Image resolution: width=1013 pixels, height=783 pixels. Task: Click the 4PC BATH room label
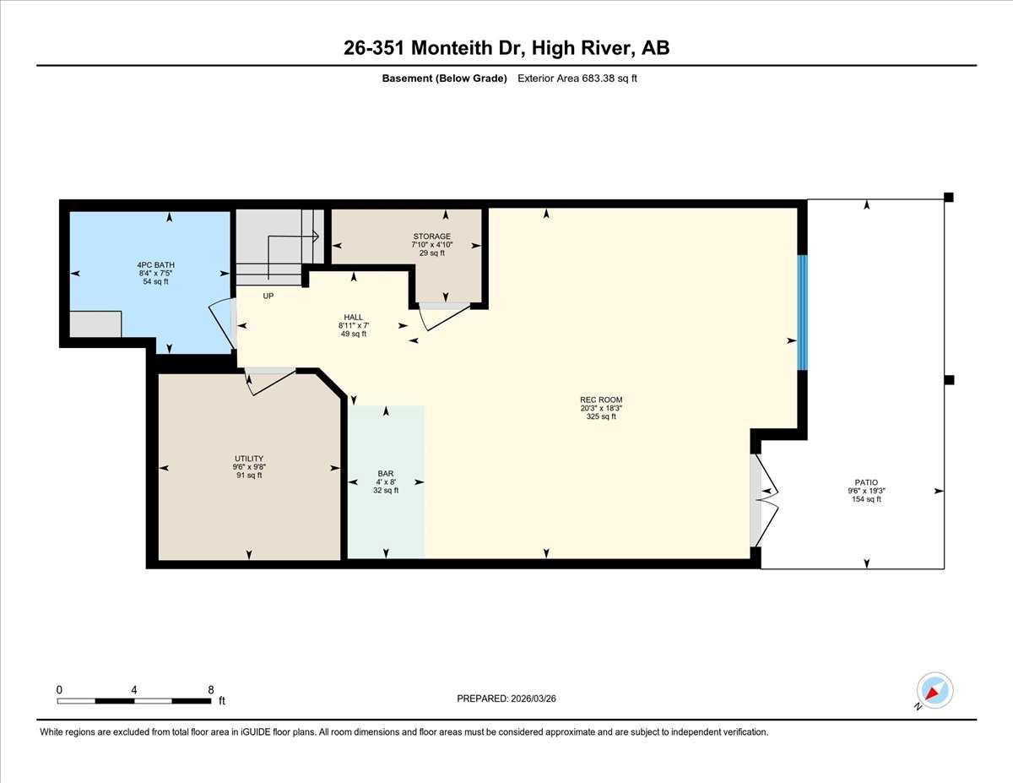tap(155, 265)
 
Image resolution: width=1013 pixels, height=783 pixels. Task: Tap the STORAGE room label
tap(431, 237)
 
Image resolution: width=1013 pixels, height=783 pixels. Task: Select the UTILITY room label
tap(249, 458)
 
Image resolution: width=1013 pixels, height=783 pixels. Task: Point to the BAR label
tap(386, 474)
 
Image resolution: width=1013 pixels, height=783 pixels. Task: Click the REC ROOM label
tap(601, 400)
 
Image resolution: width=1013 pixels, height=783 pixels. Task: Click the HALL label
tap(353, 318)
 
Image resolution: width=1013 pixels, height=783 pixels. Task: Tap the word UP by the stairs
tap(268, 296)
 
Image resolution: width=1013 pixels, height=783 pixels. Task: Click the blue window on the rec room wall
tap(803, 313)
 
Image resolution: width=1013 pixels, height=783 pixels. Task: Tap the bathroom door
tap(224, 324)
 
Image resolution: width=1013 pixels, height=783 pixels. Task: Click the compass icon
tap(934, 690)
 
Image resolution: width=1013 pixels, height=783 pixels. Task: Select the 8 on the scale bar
tap(211, 689)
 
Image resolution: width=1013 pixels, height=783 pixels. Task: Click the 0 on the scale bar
tap(59, 689)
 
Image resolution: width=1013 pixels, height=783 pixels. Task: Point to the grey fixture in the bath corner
tap(95, 324)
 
